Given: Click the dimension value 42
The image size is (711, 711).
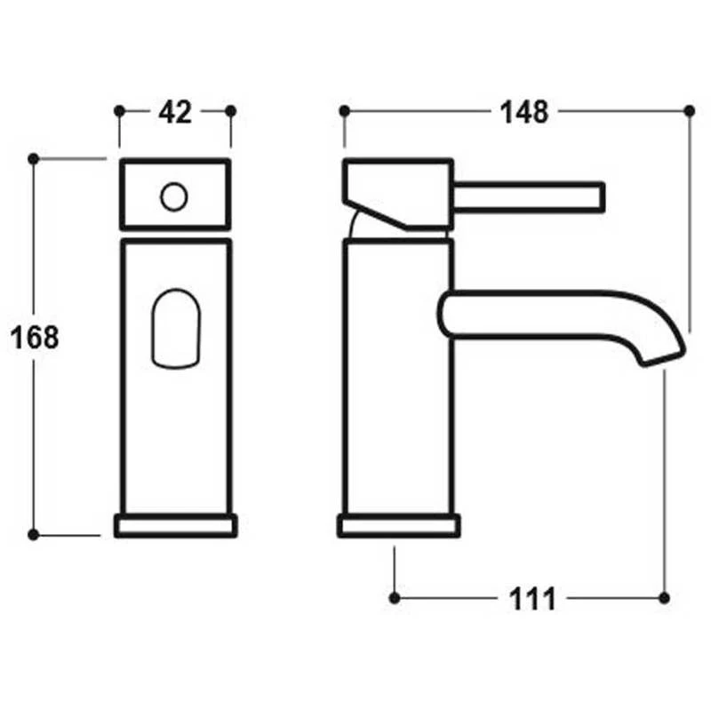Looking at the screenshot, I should pos(174,112).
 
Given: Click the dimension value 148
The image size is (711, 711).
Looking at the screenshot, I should pos(523,112).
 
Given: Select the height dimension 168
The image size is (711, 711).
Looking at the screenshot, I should pos(35,338).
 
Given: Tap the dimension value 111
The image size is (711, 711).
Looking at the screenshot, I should pos(532,598).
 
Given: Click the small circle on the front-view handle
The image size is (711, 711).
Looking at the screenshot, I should pos(174,196).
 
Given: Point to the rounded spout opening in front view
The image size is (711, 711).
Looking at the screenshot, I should pos(175,326).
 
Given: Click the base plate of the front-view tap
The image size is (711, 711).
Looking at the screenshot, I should pos(176,525).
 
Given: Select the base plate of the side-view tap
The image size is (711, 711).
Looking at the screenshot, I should pos(398,525).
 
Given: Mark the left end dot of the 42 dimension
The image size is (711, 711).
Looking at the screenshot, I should pos(119,110).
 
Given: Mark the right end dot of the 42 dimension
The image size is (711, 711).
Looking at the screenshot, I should pos(231,110).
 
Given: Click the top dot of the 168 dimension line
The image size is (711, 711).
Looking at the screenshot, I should pos(33,158).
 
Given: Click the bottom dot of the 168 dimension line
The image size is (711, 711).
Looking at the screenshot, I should pos(33,534).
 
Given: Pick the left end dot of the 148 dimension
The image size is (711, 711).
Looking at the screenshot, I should pos(344,110).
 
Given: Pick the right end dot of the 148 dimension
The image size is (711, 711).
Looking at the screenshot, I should pos(689,110).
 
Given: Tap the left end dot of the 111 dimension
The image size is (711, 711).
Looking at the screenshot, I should pos(395,596).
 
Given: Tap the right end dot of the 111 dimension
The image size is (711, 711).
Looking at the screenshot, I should pos(665,596).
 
